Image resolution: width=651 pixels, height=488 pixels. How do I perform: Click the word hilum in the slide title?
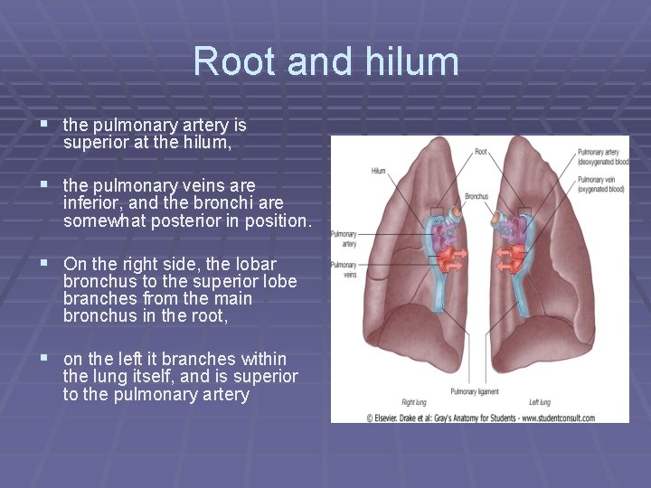click(415, 61)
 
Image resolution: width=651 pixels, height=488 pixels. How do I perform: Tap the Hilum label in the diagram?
click(379, 171)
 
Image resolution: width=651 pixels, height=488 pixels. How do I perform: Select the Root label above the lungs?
click(481, 151)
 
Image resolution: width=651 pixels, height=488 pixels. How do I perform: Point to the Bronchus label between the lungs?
click(477, 195)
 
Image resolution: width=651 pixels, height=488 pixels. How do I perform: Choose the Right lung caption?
click(415, 401)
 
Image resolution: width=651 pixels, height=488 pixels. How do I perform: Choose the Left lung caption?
click(540, 401)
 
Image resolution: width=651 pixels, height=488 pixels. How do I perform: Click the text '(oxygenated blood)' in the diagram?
click(599, 189)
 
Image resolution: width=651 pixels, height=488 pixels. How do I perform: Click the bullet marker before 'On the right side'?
click(42, 265)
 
